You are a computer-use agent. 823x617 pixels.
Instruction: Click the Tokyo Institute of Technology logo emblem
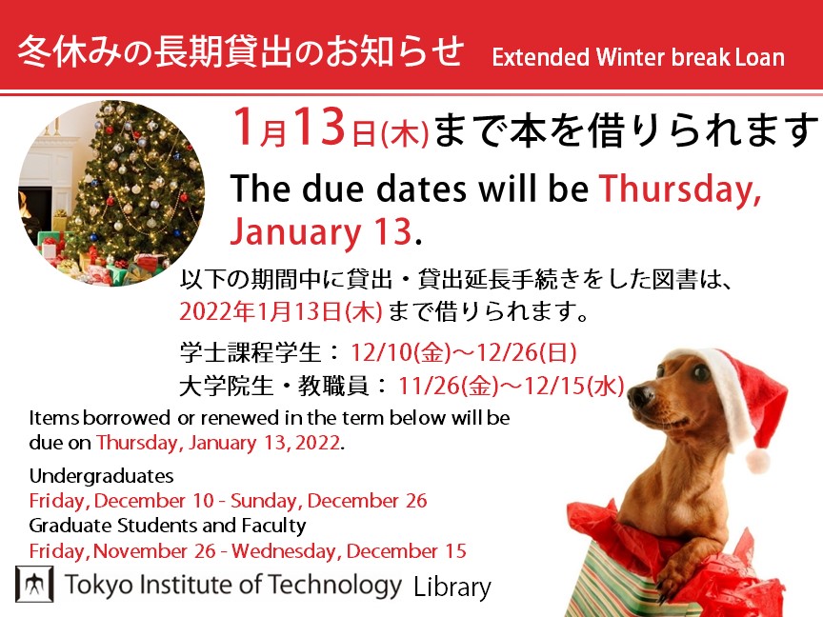tap(34, 584)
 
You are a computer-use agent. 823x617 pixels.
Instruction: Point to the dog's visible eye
tap(700, 372)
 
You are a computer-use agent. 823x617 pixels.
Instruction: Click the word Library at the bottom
tap(452, 587)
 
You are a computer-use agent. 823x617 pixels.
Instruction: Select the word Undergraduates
tap(101, 476)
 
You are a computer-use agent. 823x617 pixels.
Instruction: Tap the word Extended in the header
tap(541, 57)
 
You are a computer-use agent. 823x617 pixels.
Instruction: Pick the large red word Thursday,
tap(680, 189)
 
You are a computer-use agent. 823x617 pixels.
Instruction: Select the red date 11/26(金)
tap(448, 387)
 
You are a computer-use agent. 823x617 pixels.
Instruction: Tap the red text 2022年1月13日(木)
tap(281, 311)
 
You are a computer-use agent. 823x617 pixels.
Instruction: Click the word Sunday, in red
tap(266, 501)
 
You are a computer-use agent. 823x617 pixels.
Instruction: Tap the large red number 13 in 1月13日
tap(318, 127)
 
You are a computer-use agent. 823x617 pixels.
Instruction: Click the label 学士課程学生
tap(250, 352)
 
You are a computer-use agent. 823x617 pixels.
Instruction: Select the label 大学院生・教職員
tap(273, 387)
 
